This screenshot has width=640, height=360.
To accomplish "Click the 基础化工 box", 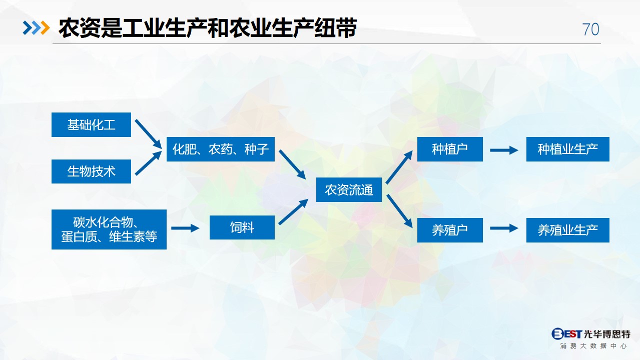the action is tap(91, 125).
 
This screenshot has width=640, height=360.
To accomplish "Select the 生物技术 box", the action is tap(91, 171).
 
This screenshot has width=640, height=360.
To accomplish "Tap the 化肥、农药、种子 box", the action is tap(221, 149).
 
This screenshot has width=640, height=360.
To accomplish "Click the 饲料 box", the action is tap(242, 227).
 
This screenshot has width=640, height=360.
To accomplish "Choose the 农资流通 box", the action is tap(349, 190).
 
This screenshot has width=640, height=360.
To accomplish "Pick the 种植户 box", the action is tap(450, 149).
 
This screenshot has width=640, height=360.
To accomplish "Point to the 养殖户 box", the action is tap(450, 230).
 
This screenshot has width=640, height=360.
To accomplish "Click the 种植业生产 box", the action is tap(568, 149).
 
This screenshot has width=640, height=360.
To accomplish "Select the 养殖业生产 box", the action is tap(568, 230).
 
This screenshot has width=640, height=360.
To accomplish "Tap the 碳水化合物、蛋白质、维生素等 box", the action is tap(109, 229).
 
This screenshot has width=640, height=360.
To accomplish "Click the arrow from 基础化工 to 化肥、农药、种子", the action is tap(148, 134).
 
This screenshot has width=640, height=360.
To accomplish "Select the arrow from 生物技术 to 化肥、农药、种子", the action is tap(148, 163).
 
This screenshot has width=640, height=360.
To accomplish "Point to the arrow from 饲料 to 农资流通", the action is tap(293, 212).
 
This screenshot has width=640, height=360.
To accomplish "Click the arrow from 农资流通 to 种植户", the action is tap(399, 167).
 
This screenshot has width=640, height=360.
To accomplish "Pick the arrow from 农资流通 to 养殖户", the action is tap(399, 211).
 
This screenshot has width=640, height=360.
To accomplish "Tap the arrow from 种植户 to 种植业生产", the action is tap(504, 150).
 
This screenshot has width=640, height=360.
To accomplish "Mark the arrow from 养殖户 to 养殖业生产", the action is tap(504, 228).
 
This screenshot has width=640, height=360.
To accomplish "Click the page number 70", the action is tap(590, 29).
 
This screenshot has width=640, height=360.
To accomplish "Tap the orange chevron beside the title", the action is tap(45, 27).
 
